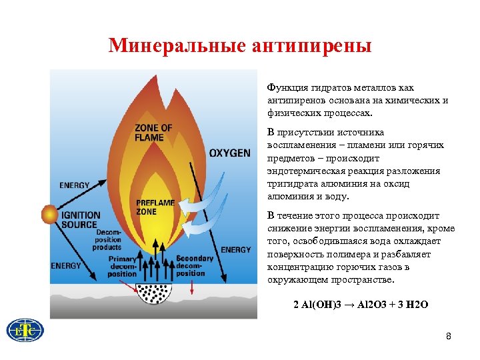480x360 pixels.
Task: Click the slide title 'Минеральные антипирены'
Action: tap(240, 45)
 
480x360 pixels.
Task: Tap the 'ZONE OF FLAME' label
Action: tap(153, 133)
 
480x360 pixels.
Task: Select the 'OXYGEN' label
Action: tap(229, 153)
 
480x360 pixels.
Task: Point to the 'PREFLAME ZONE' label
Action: tap(155, 207)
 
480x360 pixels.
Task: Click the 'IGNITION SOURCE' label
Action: tap(81, 220)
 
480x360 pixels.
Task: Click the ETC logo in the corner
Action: tap(25, 331)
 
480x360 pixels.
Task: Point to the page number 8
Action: tap(449, 337)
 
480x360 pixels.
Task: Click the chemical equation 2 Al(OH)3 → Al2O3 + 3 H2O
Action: tap(361, 305)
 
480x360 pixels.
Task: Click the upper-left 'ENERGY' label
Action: tap(75, 185)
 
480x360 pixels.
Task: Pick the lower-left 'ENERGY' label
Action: tap(65, 265)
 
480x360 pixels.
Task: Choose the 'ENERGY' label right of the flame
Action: tap(236, 250)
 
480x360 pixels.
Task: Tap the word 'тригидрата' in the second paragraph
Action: tap(291, 183)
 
